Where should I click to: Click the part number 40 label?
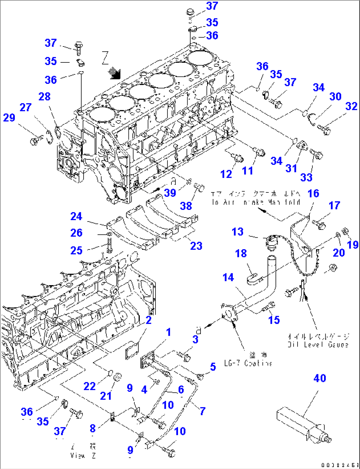(x=319, y=378)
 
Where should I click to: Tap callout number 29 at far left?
(x=9, y=117)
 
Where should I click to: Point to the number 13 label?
(x=237, y=232)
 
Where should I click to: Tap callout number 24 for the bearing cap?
(x=76, y=217)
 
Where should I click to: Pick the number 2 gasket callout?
(x=149, y=320)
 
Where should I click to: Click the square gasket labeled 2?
(x=132, y=349)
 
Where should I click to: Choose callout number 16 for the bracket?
(x=313, y=193)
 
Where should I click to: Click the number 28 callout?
(x=44, y=96)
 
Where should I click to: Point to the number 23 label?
(x=196, y=246)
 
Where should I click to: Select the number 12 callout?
(x=226, y=174)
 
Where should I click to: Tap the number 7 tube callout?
(x=202, y=411)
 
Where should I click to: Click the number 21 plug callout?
(x=106, y=395)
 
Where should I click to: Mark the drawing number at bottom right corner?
(x=340, y=465)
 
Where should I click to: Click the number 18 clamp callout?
(x=241, y=253)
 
